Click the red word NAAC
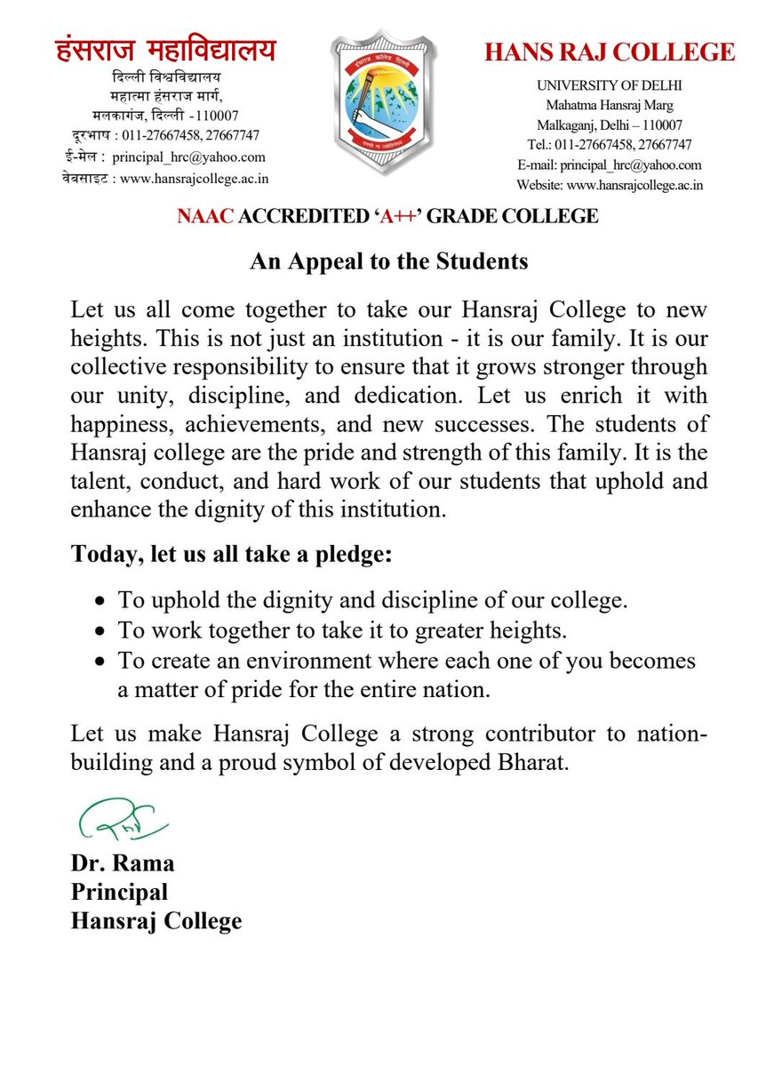click(x=203, y=216)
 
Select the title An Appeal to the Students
click(x=388, y=261)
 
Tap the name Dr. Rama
click(x=123, y=862)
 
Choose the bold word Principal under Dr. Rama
click(x=119, y=891)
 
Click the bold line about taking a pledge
click(x=231, y=555)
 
